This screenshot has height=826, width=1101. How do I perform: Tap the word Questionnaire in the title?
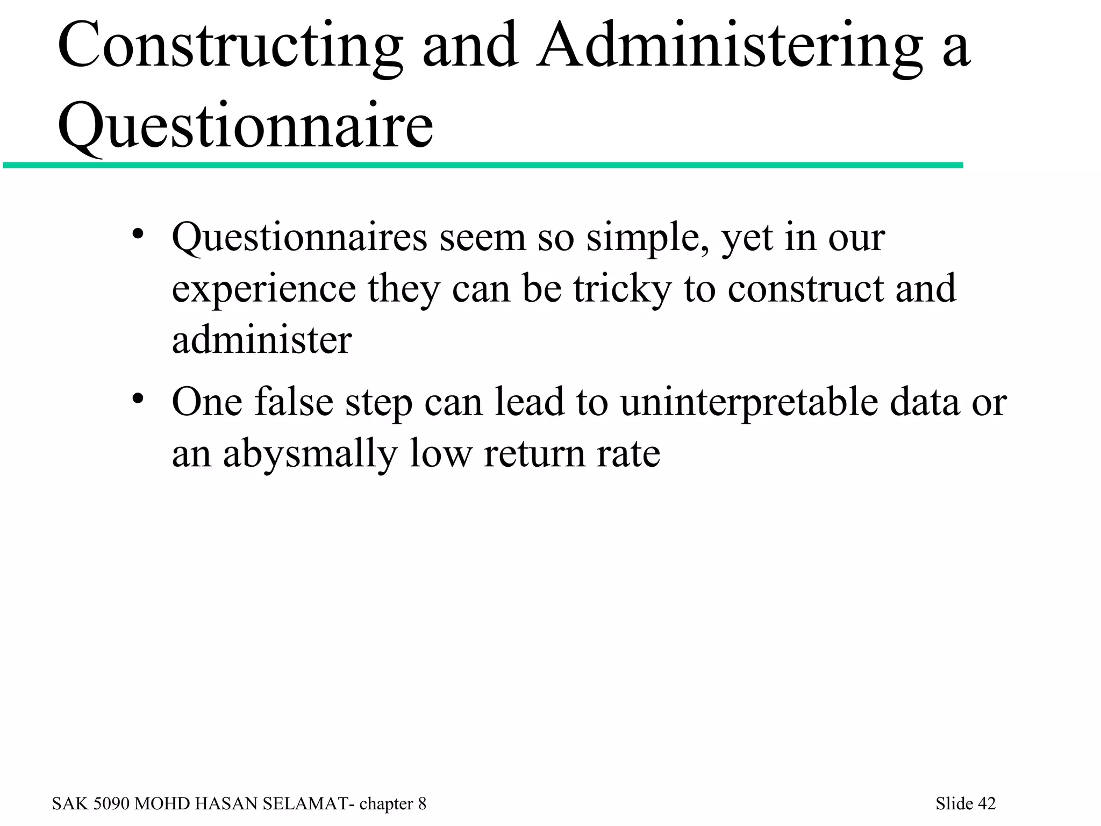tap(245, 127)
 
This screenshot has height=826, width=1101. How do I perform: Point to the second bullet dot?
tap(138, 399)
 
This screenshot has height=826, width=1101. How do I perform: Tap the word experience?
tap(263, 290)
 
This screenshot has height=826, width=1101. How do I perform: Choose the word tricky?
tap(622, 290)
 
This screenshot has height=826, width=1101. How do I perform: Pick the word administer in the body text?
tap(262, 340)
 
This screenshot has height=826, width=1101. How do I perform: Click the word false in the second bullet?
tap(294, 402)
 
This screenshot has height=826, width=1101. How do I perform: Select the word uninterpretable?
tap(749, 403)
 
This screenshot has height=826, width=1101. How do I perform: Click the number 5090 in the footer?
tap(112, 803)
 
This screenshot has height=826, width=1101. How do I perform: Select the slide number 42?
tap(986, 803)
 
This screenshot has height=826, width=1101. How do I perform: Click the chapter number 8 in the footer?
tap(422, 803)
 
